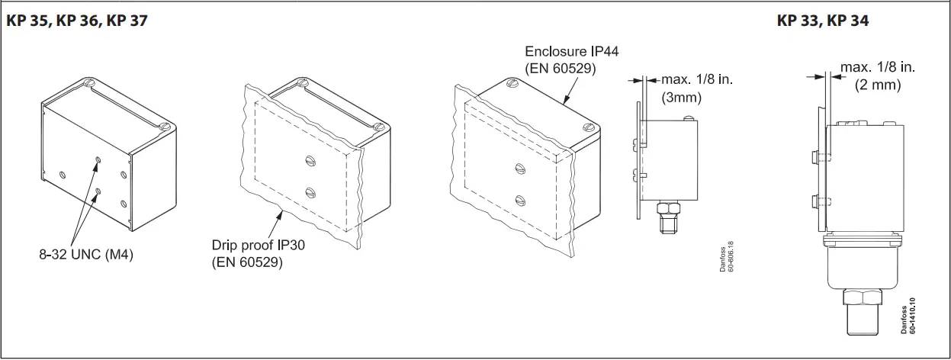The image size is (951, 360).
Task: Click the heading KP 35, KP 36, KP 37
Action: (x=76, y=21)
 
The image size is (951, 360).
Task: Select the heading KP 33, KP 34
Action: (x=823, y=21)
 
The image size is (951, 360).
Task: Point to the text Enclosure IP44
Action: (x=571, y=52)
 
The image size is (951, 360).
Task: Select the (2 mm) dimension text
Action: (x=878, y=85)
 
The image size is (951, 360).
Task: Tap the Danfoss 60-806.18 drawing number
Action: (x=725, y=259)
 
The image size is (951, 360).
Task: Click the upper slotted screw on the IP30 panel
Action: (x=310, y=160)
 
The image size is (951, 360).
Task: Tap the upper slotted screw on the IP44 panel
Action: (x=520, y=168)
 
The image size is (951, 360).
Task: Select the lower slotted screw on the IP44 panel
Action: (x=519, y=201)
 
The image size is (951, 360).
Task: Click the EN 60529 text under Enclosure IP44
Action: (x=561, y=69)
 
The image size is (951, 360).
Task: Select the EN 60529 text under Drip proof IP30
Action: (x=247, y=263)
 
